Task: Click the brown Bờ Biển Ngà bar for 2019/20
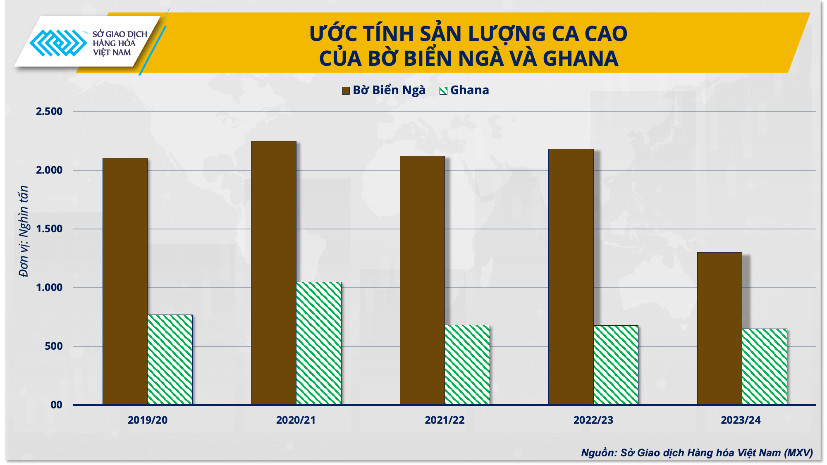[125, 281]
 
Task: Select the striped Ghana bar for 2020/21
[319, 343]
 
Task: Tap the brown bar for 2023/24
[719, 328]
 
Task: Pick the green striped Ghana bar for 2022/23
[616, 365]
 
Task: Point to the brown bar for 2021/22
[422, 280]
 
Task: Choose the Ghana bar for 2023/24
[765, 366]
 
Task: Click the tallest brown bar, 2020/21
[274, 273]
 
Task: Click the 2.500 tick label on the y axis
[49, 112]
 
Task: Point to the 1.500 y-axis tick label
[49, 229]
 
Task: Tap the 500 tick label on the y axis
[54, 346]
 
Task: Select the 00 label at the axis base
[57, 405]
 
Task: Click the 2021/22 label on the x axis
[445, 420]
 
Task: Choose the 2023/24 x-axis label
[741, 420]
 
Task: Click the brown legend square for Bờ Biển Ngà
[346, 91]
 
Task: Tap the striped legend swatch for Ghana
[443, 91]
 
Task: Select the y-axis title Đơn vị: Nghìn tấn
[24, 231]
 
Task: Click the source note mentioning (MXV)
[697, 453]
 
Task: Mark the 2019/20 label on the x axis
[148, 420]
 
